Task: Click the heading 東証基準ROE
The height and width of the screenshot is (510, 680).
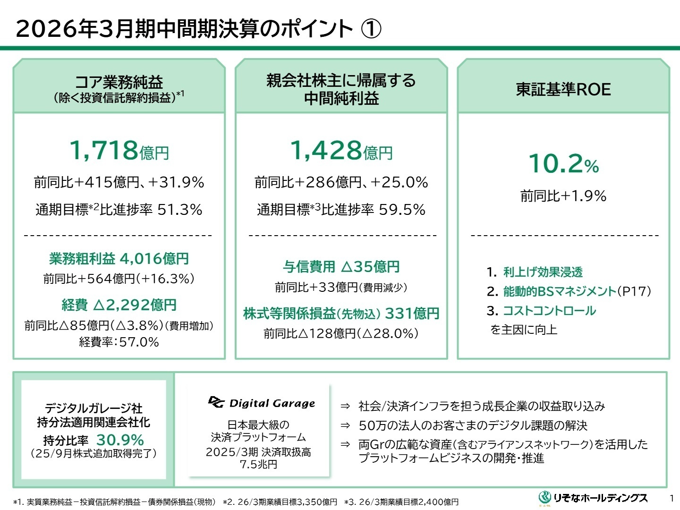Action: [x=563, y=89]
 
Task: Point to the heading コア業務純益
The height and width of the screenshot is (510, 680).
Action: [x=119, y=82]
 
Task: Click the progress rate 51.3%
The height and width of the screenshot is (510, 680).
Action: [x=179, y=210]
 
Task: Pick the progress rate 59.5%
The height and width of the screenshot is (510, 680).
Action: [x=402, y=210]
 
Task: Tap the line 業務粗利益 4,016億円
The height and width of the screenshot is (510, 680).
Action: [x=119, y=258]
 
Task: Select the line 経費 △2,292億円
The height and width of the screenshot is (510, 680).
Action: [x=119, y=305]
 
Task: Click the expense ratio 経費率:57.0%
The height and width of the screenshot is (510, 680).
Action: [x=119, y=342]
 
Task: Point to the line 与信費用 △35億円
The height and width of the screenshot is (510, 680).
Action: [x=341, y=267]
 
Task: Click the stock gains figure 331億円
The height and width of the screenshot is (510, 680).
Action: [x=412, y=313]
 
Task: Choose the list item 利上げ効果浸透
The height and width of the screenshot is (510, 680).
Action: [x=543, y=272]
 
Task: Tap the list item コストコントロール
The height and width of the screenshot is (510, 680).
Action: [x=549, y=311]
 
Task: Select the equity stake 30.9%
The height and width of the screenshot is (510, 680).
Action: [x=120, y=440]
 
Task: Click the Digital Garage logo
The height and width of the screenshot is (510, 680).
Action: [x=262, y=403]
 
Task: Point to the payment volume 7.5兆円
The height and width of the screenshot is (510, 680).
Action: [x=258, y=465]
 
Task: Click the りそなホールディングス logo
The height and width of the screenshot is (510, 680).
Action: [x=593, y=498]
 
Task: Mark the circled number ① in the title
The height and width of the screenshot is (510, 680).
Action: [x=371, y=29]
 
